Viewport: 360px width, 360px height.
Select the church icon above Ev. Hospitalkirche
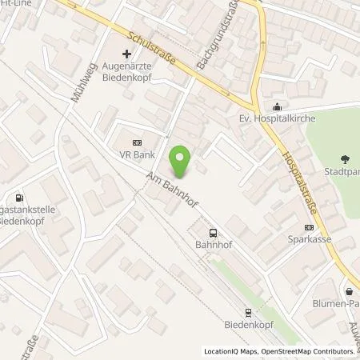coord(276,107)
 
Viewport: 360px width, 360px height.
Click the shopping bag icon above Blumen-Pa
coord(350,290)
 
